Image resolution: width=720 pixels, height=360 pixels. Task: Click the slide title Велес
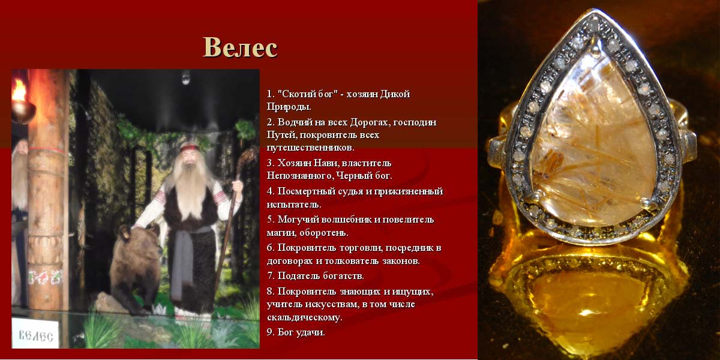point(240,47)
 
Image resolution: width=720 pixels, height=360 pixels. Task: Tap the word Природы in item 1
point(289,107)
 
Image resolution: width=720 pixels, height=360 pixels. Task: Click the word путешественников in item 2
point(310,148)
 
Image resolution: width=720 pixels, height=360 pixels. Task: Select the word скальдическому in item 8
point(304,317)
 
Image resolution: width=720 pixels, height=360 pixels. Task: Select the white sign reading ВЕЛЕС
point(35,334)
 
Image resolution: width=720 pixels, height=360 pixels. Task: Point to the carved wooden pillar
point(48,190)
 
